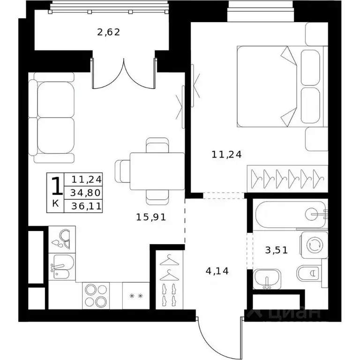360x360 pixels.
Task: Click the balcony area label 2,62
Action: [x=109, y=32]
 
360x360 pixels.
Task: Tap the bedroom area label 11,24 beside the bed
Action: [x=226, y=155]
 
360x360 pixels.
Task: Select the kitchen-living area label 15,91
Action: [x=151, y=217]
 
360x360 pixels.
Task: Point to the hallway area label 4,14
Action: [x=217, y=271]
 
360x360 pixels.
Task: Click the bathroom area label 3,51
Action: [x=277, y=250]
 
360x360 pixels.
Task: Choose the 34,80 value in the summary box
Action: [x=85, y=193]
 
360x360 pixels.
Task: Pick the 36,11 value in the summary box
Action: [x=86, y=206]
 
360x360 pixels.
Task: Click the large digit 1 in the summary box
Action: [x=56, y=186]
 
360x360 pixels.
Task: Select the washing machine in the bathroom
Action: [x=314, y=245]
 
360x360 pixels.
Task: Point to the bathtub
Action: [x=291, y=215]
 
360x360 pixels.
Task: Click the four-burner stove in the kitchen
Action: [x=96, y=296]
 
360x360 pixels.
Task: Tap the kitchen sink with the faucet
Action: [x=62, y=267]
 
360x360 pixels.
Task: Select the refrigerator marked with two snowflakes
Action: [x=136, y=296]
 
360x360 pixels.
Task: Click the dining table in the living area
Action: [x=157, y=171]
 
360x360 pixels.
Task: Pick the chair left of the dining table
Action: [x=122, y=171]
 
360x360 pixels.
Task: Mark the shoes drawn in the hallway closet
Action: [x=169, y=295]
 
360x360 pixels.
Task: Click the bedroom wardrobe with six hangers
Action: [x=287, y=179]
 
